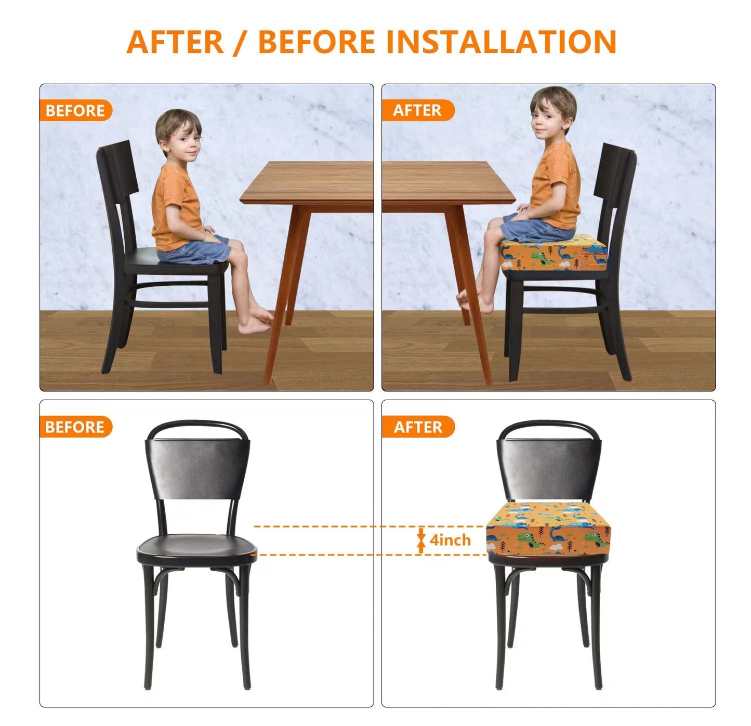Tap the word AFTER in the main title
pyautogui.click(x=175, y=42)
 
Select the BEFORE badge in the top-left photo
pyautogui.click(x=75, y=111)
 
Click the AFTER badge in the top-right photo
pyautogui.click(x=417, y=111)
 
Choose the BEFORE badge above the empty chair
pyautogui.click(x=75, y=427)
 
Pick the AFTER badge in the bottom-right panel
pyautogui.click(x=418, y=427)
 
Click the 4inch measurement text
pyautogui.click(x=450, y=540)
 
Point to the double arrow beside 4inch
pyautogui.click(x=421, y=540)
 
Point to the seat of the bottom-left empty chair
pyautogui.click(x=197, y=547)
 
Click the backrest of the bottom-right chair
pyautogui.click(x=549, y=468)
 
